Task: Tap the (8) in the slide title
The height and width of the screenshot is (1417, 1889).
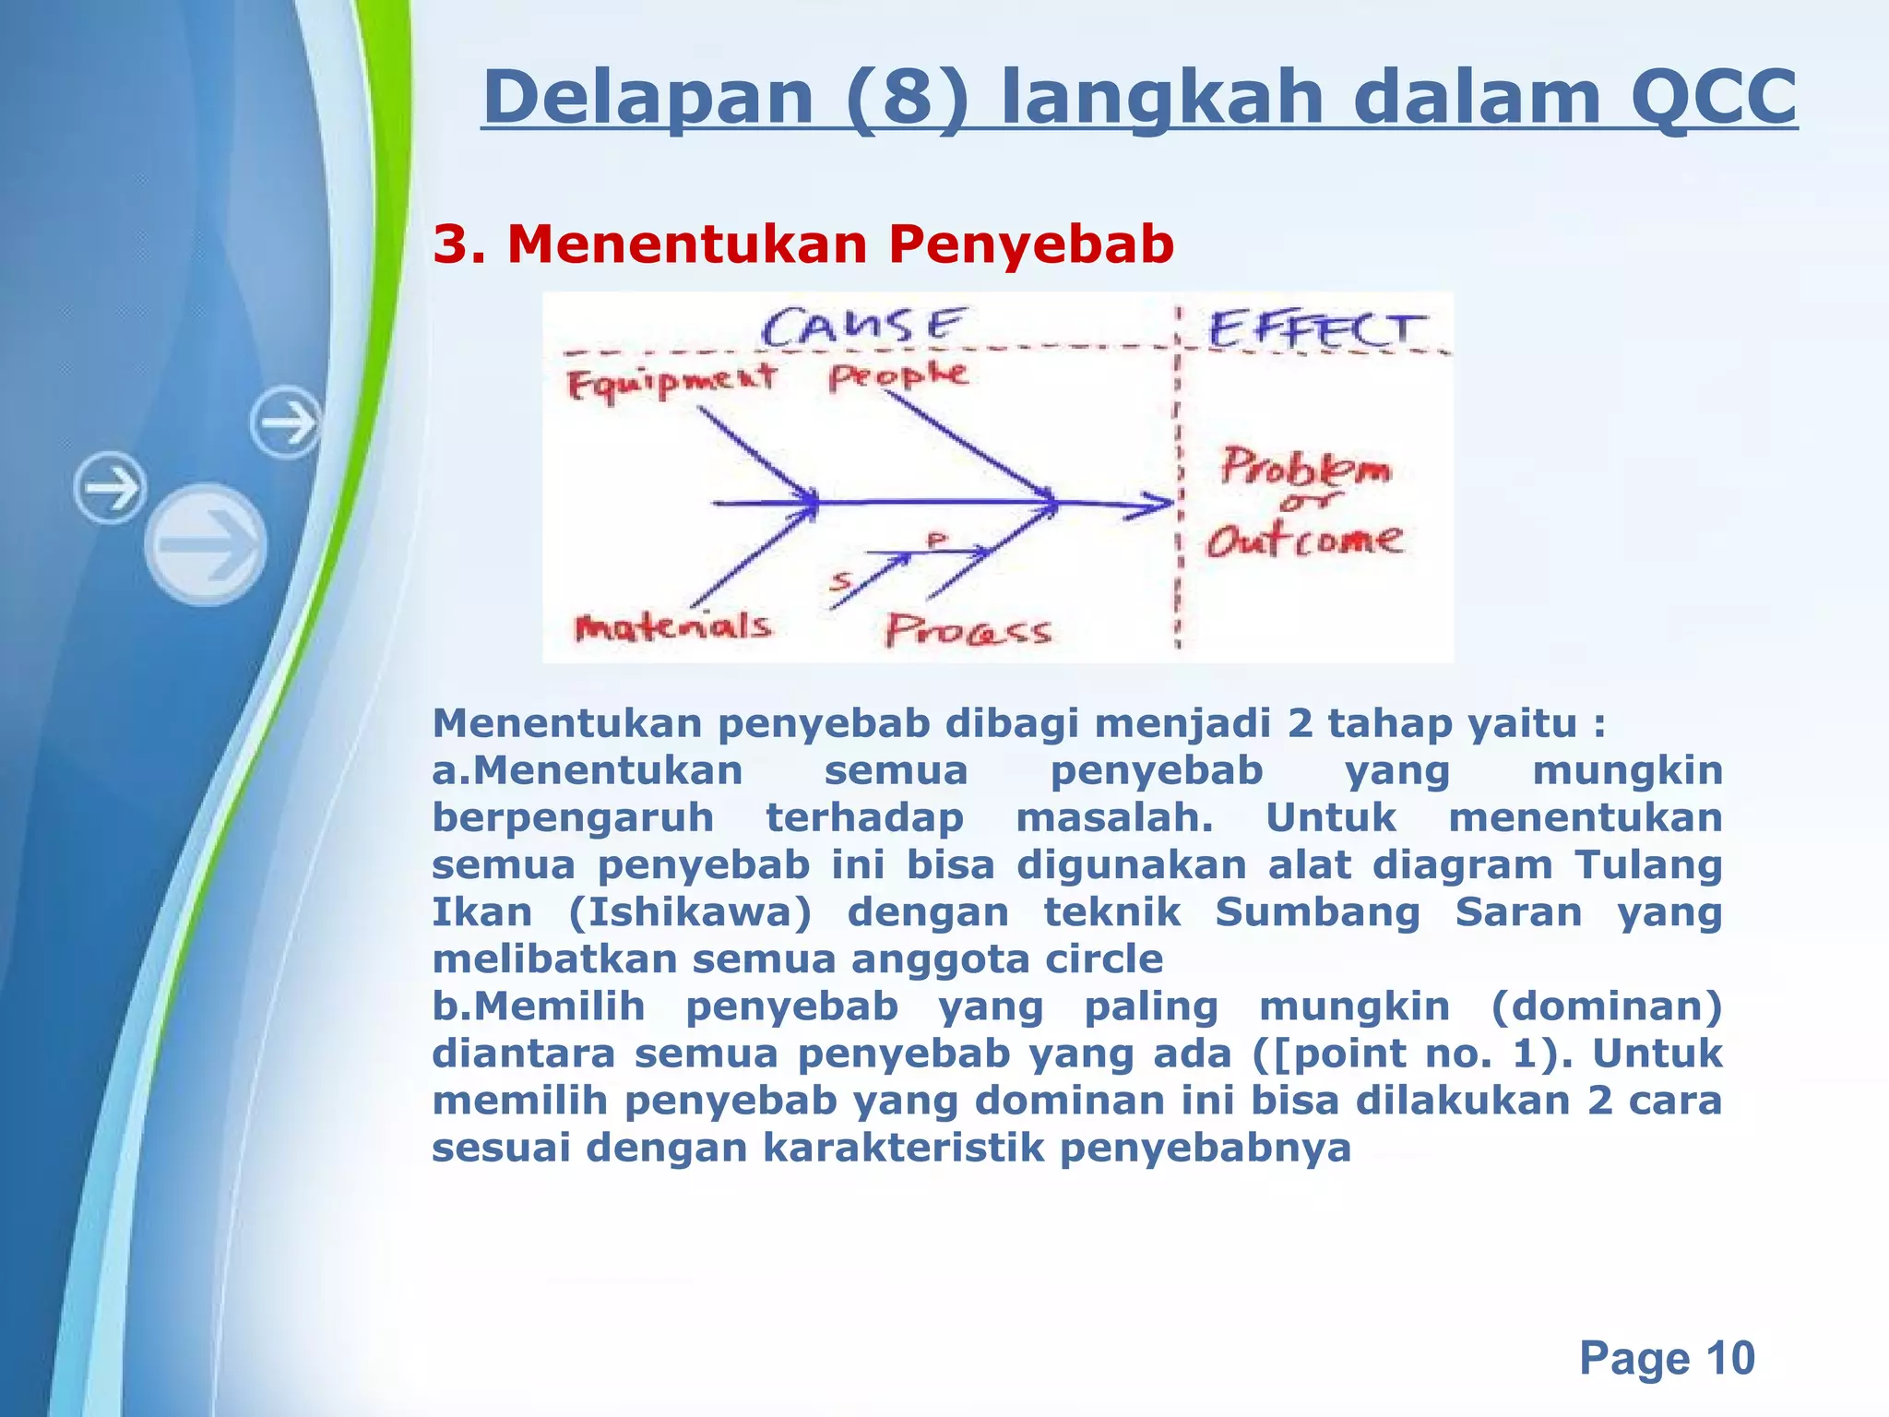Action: tap(909, 97)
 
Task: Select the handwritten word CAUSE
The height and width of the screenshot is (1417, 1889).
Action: tap(863, 327)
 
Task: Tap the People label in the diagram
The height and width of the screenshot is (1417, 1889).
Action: tap(897, 375)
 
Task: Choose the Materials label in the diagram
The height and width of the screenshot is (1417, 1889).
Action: tap(672, 627)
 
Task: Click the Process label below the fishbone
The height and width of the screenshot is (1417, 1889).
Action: tap(968, 631)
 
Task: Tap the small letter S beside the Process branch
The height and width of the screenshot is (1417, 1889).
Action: tap(840, 580)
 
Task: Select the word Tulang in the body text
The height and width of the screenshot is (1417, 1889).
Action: tap(1647, 864)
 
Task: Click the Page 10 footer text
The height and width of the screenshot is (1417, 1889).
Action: tap(1666, 1357)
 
